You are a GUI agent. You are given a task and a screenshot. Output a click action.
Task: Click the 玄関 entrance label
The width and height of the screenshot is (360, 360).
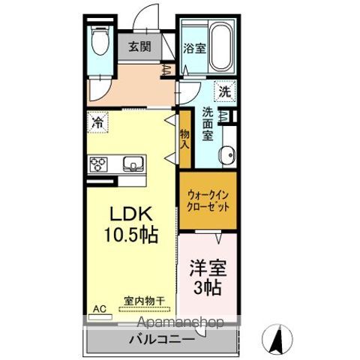(x=138, y=46)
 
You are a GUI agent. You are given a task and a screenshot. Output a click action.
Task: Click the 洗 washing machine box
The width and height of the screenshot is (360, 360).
(x=224, y=91)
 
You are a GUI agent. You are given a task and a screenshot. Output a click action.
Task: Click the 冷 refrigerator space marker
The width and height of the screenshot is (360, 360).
(x=98, y=120)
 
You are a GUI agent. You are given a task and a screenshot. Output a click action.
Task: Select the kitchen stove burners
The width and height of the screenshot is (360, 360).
(x=100, y=163)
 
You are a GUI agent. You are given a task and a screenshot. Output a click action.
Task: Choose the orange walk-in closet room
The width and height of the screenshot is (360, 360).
(x=207, y=202)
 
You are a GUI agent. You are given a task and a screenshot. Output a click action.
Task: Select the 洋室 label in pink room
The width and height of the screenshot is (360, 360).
(x=208, y=268)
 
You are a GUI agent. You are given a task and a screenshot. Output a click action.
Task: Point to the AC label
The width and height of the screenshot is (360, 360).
(x=98, y=307)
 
